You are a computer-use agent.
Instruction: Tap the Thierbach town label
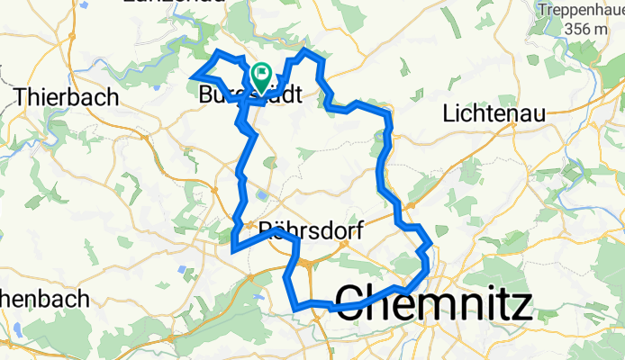pyautogui.click(x=67, y=96)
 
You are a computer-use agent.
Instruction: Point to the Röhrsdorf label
pyautogui.click(x=310, y=230)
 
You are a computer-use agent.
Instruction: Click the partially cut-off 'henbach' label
pyautogui.click(x=45, y=298)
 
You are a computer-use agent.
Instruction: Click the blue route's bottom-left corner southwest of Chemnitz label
pyautogui.click(x=295, y=309)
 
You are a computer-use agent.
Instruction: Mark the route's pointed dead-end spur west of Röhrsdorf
pyautogui.click(x=233, y=249)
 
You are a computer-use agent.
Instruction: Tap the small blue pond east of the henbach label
pyautogui.click(x=180, y=270)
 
